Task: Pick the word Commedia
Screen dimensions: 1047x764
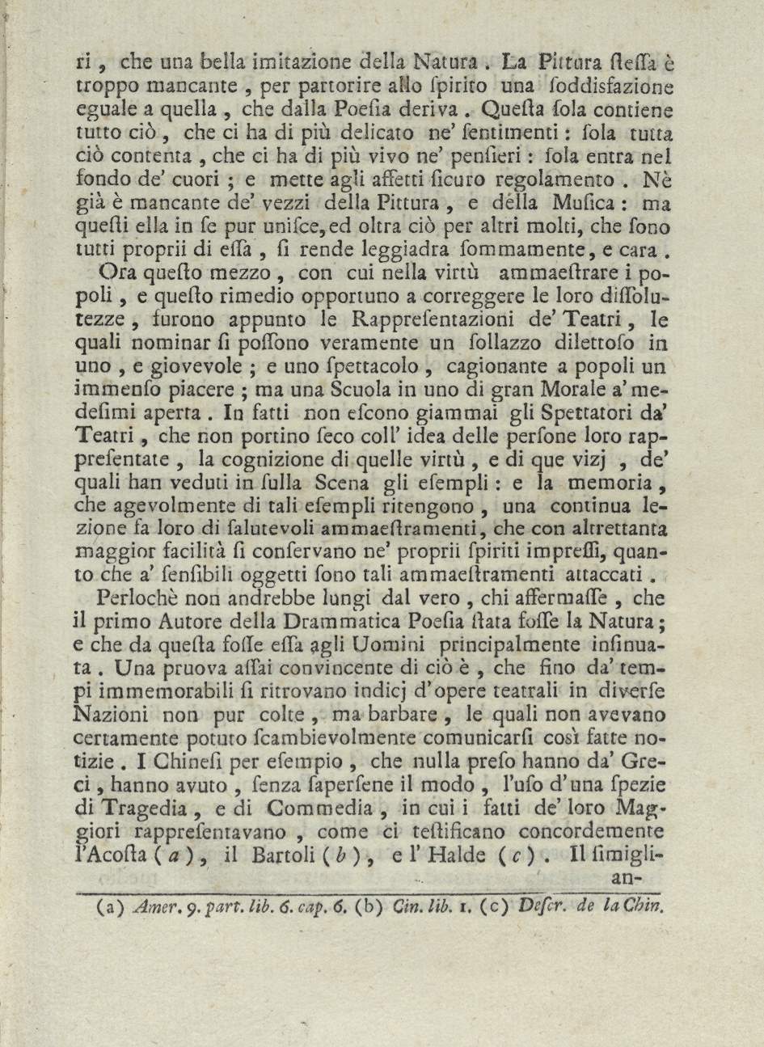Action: tap(322, 809)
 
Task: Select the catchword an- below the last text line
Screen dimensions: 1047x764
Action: tap(625, 879)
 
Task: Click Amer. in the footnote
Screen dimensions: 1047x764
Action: tap(154, 906)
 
